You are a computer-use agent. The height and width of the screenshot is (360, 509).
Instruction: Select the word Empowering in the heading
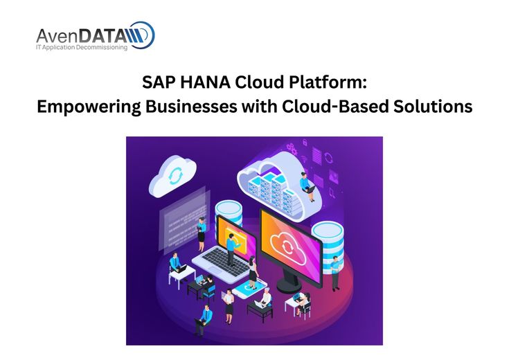click(89, 107)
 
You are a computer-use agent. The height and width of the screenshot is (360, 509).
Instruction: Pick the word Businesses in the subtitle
click(191, 107)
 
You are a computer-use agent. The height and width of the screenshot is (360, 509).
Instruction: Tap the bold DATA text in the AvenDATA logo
click(102, 35)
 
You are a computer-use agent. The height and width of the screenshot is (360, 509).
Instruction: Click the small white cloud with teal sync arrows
click(172, 176)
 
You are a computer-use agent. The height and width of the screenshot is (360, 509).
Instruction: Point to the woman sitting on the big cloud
click(307, 186)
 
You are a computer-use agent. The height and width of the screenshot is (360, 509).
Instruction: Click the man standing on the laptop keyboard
click(231, 249)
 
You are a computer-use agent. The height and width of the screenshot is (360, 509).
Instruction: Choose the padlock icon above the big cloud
click(305, 142)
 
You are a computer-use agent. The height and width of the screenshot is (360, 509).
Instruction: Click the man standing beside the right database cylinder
click(335, 273)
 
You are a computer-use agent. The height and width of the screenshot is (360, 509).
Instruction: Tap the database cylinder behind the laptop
click(229, 213)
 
